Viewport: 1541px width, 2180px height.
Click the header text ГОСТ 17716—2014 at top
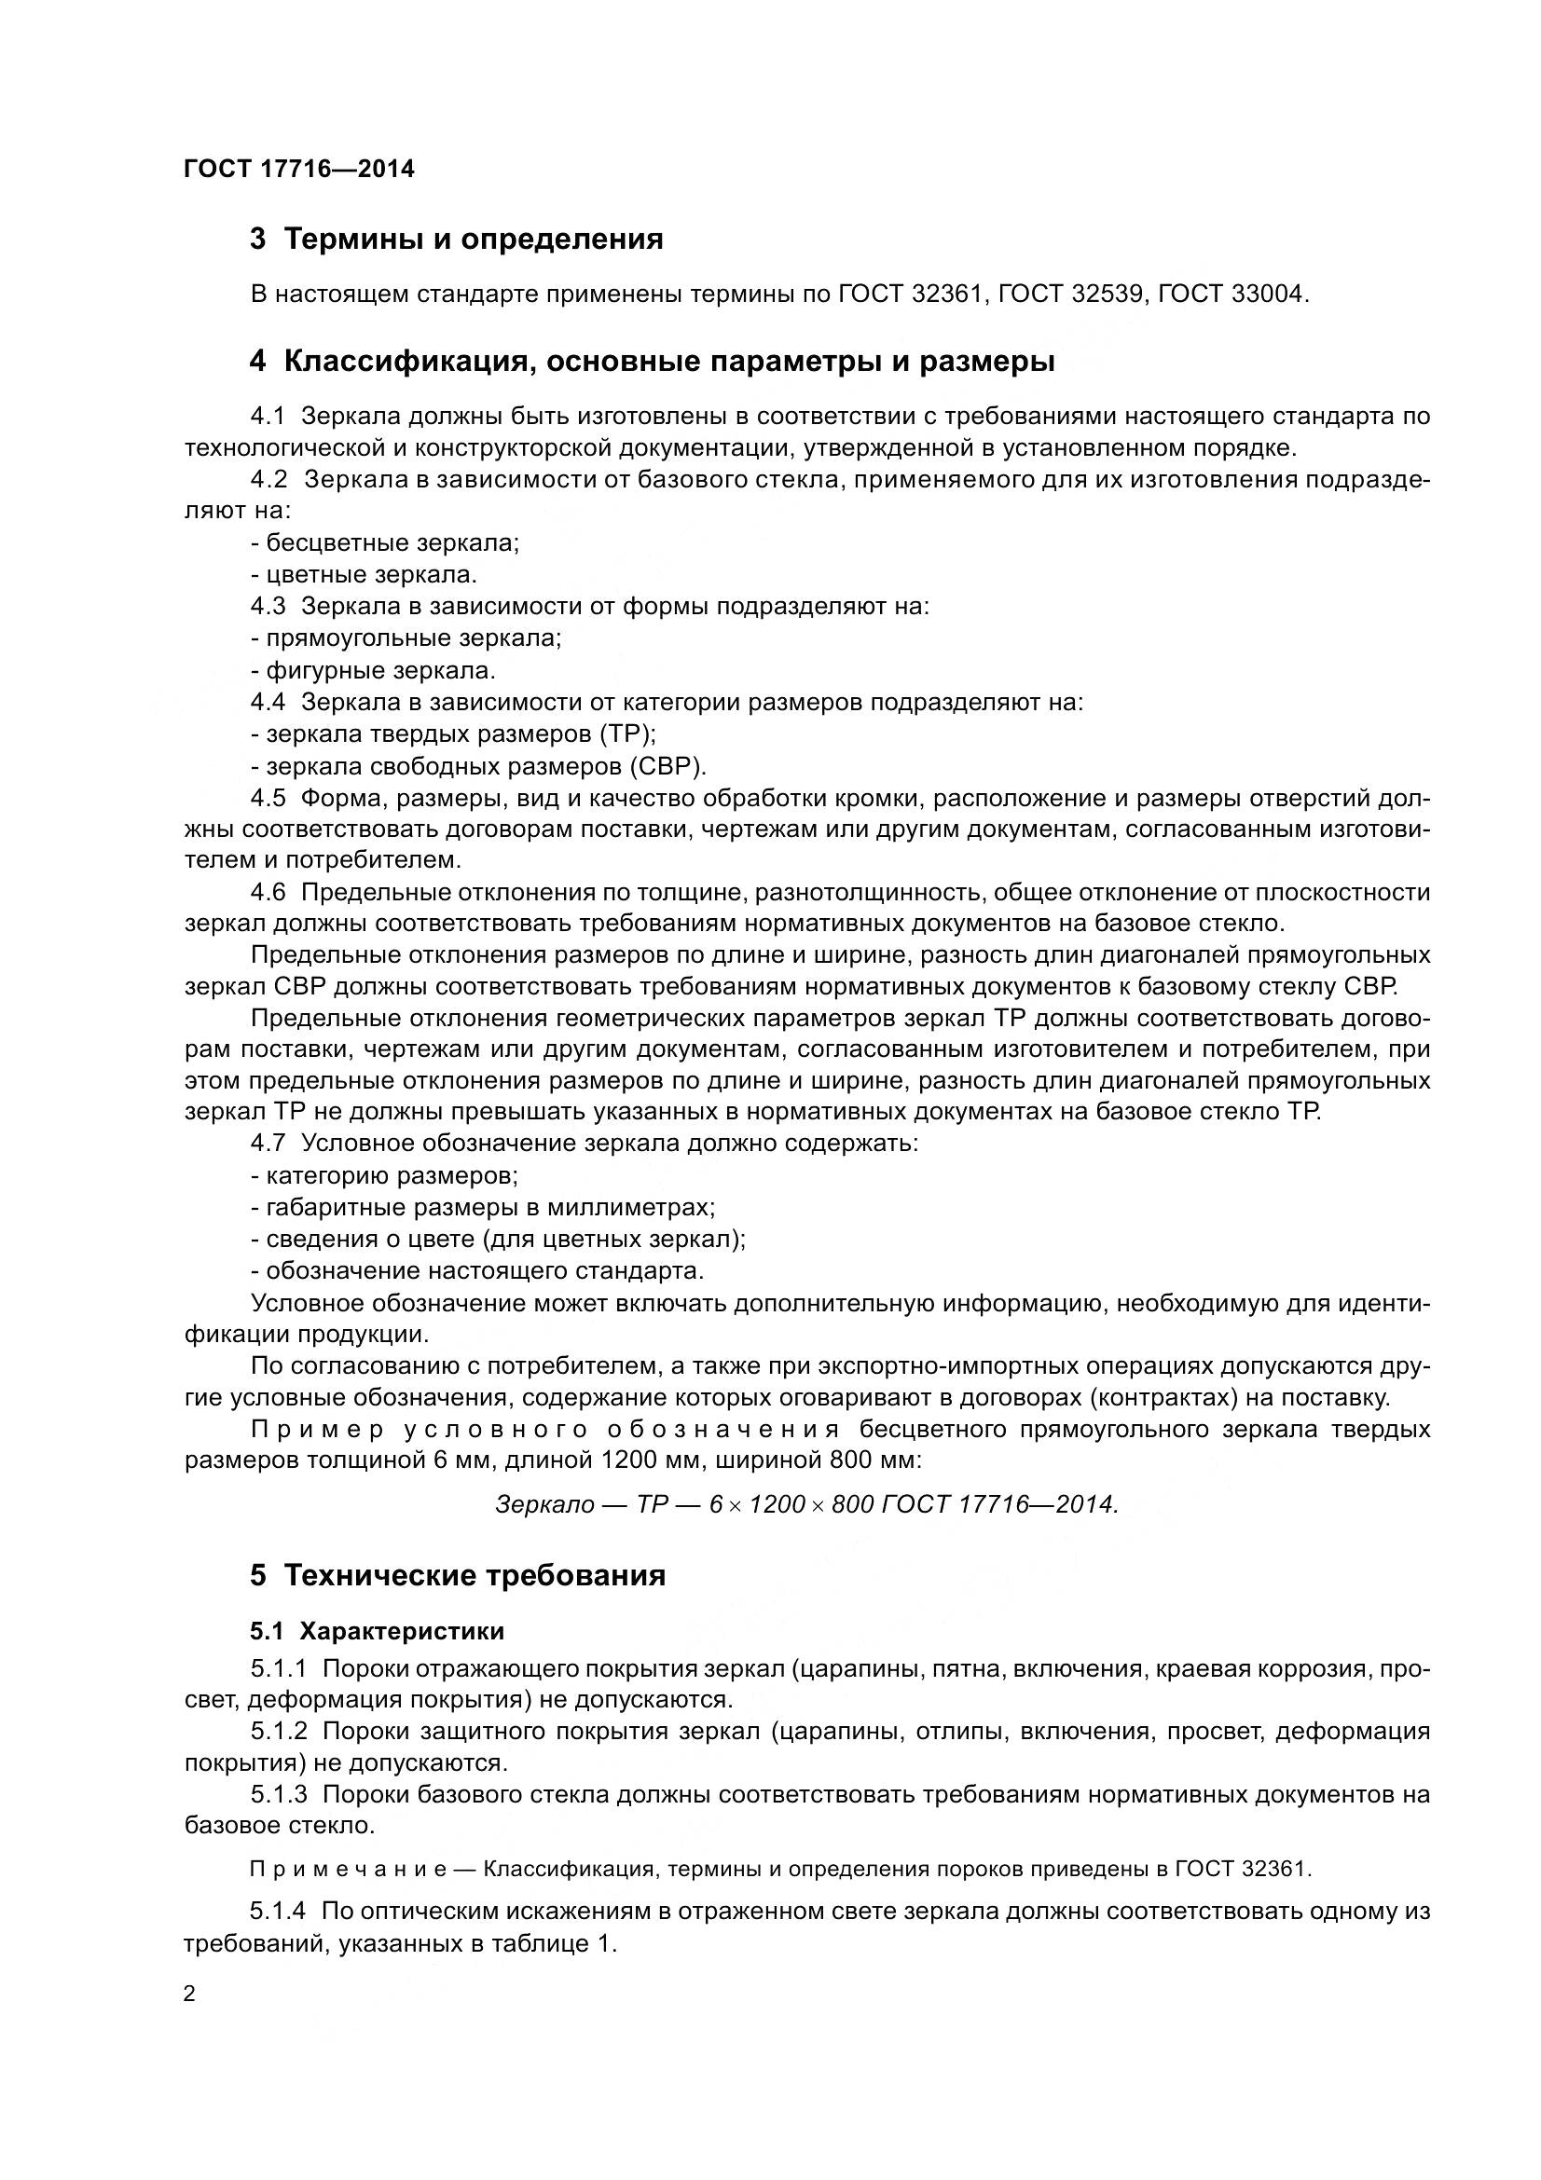pyautogui.click(x=299, y=170)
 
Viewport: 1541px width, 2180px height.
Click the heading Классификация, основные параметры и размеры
pyautogui.click(x=653, y=363)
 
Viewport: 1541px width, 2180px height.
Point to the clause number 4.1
pyautogui.click(x=268, y=417)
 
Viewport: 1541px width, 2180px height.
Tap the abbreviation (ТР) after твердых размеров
pyautogui.click(x=626, y=734)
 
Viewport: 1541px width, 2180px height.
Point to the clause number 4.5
pyautogui.click(x=268, y=798)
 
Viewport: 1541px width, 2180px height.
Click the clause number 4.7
pyautogui.click(x=268, y=1144)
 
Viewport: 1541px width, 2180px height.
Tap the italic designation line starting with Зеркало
pyautogui.click(x=807, y=1505)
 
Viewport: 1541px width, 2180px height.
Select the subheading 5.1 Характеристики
pyautogui.click(x=377, y=1631)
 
